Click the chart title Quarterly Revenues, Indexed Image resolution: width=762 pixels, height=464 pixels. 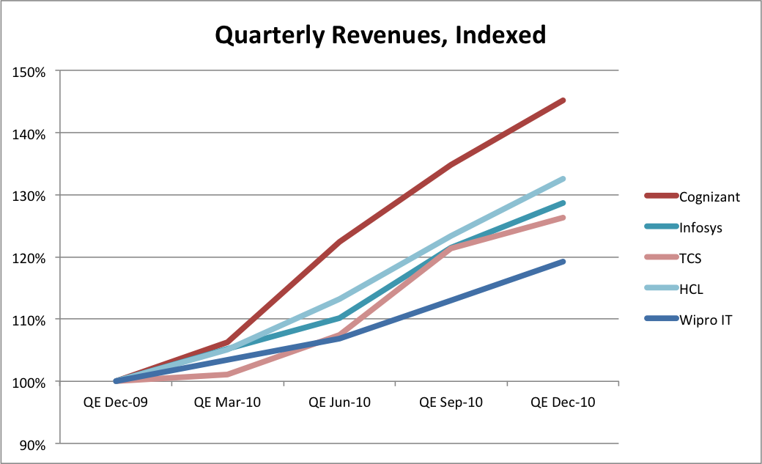coord(380,34)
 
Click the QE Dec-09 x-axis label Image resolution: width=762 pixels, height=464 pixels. coord(115,402)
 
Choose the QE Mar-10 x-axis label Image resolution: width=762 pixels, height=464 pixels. coord(227,402)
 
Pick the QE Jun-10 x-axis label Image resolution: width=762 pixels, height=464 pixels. coord(339,402)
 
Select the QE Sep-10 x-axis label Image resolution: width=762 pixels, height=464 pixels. coord(451,402)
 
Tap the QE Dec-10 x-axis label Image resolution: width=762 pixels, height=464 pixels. coord(563,402)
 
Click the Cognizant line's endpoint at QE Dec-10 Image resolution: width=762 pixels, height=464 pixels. coord(563,100)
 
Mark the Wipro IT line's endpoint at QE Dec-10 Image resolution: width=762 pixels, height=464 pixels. coord(563,262)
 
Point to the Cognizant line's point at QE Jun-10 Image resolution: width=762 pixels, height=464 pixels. coord(340,241)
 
